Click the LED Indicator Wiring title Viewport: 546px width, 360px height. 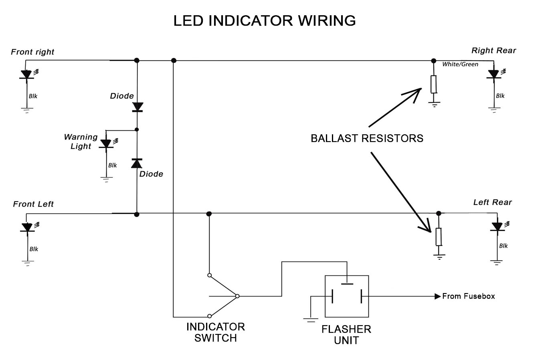tap(265, 20)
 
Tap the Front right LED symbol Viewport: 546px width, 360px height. tap(26, 75)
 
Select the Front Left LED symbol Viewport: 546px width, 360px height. tap(27, 227)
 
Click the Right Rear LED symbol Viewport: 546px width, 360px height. tap(493, 74)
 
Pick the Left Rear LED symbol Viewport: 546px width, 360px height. tap(497, 227)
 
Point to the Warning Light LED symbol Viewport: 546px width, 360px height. tap(106, 144)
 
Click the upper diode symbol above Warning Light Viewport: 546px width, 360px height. tap(138, 107)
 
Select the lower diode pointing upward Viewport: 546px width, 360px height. tap(137, 163)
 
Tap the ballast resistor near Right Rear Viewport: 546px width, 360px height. tap(433, 84)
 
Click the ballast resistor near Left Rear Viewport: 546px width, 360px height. tap(439, 237)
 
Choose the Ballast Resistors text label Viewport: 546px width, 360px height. tap(367, 139)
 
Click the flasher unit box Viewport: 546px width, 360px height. tap(346, 296)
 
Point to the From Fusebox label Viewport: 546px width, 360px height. tap(468, 296)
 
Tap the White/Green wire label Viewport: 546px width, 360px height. tap(460, 65)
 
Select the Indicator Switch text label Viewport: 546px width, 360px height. tap(216, 332)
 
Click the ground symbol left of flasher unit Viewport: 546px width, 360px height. tap(311, 319)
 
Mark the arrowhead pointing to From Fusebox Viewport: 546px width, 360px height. tap(437, 297)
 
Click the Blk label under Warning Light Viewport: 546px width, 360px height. tap(113, 165)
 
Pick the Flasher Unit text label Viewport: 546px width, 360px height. tap(346, 335)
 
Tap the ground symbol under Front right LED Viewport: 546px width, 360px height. tap(27, 109)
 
